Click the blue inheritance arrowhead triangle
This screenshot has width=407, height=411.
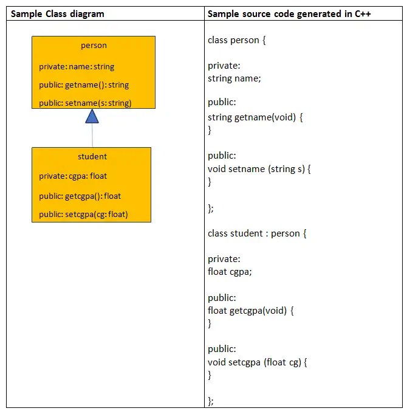92,117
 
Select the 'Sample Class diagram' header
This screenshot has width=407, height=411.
58,13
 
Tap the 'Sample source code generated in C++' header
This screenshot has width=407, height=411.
289,13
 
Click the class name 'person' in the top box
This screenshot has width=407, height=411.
94,46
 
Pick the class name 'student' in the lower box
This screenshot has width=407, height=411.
92,157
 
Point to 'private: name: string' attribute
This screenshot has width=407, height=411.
77,67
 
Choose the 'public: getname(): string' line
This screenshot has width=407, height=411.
84,85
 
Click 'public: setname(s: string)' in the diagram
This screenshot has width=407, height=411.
85,103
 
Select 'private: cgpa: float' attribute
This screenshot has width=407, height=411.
73,176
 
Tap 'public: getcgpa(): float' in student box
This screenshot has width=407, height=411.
80,196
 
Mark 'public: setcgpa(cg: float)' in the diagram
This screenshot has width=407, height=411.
83,214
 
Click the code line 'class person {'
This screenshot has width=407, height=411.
237,41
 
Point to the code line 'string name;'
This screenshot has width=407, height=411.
233,78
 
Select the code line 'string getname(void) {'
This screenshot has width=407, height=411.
255,117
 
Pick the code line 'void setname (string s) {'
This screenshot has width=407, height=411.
259,168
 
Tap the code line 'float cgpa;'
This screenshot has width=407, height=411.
230,272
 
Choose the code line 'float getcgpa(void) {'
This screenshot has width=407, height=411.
251,311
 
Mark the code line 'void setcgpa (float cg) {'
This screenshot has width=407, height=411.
258,362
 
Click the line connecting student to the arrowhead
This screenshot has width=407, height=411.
92,136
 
